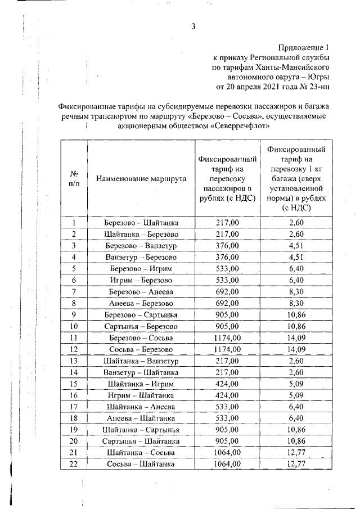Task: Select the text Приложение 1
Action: tap(304, 47)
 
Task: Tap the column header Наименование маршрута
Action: tap(141, 179)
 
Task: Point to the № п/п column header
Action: tap(74, 179)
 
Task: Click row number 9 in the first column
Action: tap(74, 314)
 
